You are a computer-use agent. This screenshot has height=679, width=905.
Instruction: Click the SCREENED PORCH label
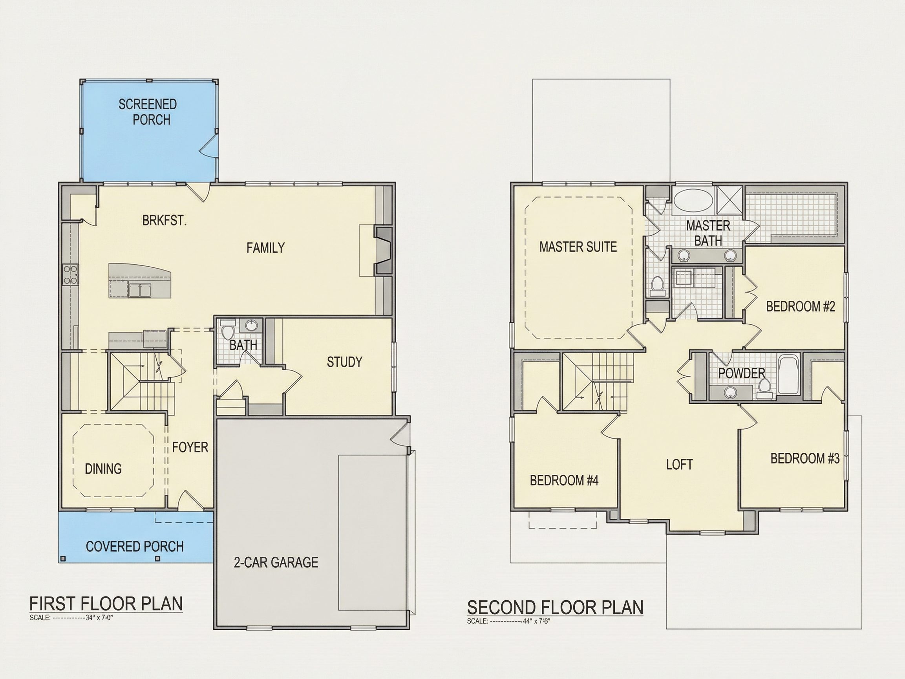pos(148,112)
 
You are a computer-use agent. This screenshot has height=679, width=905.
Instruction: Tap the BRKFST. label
pos(165,221)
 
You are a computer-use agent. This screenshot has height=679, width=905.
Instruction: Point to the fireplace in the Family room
pos(383,250)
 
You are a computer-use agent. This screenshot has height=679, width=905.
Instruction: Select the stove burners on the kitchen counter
pos(70,275)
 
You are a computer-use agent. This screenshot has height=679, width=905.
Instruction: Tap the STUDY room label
pos(344,362)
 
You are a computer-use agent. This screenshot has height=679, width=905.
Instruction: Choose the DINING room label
pos(103,469)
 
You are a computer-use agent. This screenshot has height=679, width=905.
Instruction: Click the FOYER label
pos(190,447)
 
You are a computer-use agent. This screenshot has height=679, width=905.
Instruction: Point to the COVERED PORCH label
pos(135,546)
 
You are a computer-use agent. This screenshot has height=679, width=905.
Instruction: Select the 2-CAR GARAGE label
pos(276,562)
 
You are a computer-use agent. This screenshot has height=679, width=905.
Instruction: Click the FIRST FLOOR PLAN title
pos(106,604)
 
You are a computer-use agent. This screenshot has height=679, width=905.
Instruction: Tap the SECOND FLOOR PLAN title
pos(555,608)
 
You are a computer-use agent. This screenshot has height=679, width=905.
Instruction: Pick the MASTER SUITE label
pos(578,247)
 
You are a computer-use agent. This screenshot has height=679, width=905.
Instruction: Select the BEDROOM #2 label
pos(800,306)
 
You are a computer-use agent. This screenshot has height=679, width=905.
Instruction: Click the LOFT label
pos(680,465)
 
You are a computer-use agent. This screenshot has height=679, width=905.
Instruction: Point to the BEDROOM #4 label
pos(564,480)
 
